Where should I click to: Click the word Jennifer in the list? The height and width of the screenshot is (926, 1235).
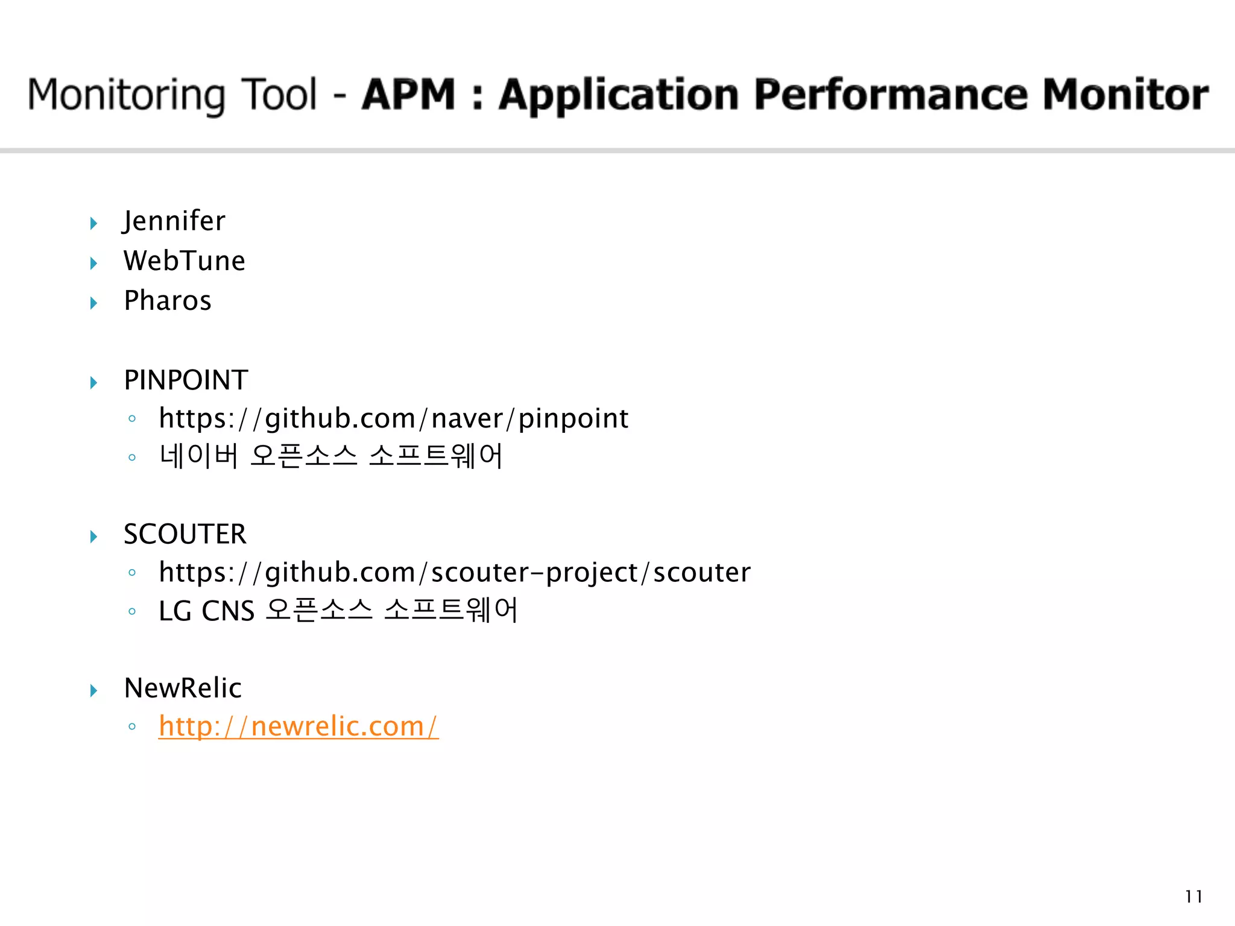coord(174,221)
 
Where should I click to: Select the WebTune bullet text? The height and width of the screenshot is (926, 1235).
coord(185,262)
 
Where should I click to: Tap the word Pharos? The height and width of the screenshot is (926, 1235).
coord(168,301)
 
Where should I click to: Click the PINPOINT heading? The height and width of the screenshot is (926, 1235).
coord(186,380)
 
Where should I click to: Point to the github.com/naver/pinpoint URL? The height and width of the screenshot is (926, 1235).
coord(393,419)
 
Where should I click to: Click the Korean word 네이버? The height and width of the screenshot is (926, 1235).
coord(199,456)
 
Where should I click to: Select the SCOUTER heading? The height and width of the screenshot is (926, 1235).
coord(185,535)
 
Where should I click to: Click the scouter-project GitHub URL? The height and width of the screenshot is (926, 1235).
coord(455,573)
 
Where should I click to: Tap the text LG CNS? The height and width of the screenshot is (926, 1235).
coord(206,611)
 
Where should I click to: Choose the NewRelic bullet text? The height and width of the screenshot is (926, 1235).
coord(183,688)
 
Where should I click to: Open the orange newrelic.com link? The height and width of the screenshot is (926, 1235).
coord(298,726)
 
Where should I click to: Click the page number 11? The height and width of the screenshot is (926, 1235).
coord(1193,896)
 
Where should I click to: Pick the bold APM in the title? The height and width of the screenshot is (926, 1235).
coord(409,95)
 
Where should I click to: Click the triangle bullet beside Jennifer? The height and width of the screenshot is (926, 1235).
coord(94,224)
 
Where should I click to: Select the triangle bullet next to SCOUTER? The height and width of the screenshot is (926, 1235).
coord(94,537)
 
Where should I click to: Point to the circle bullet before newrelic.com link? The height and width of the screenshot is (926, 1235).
coord(132,727)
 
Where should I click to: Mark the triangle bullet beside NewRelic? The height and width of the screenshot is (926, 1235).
coord(94,690)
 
